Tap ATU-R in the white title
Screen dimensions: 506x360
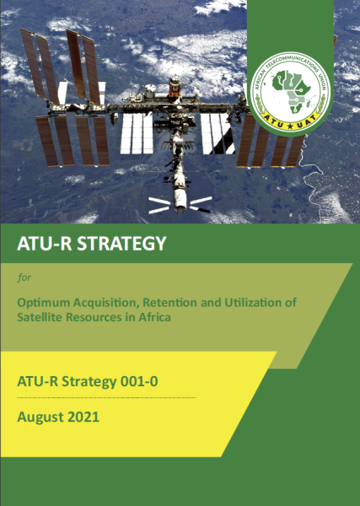(41, 245)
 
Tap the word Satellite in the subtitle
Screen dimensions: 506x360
(40, 317)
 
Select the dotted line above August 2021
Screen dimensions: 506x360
(106, 397)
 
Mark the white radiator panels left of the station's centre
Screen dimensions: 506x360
(135, 132)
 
